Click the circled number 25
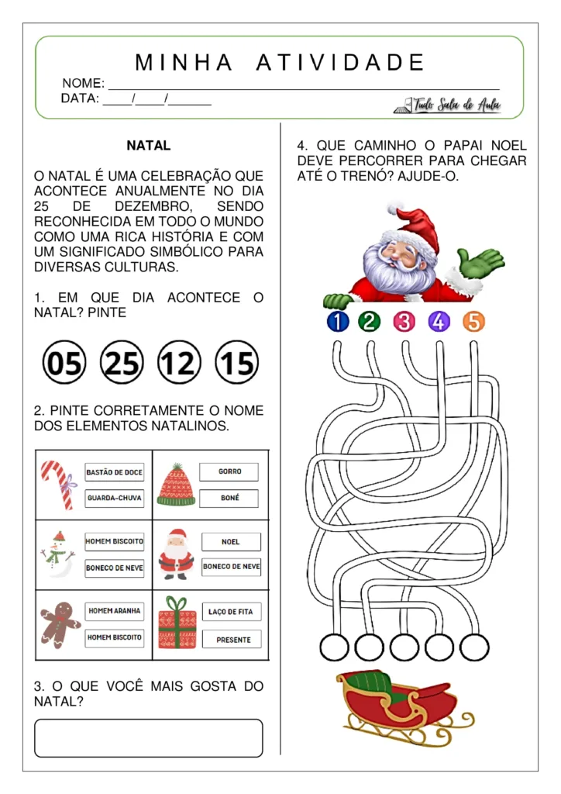pyautogui.click(x=122, y=362)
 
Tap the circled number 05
pyautogui.click(x=64, y=362)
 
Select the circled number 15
pyautogui.click(x=236, y=362)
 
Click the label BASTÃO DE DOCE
pyautogui.click(x=114, y=472)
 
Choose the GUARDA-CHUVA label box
pyautogui.click(x=114, y=498)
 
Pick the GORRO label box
pyautogui.click(x=229, y=471)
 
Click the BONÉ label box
pyautogui.click(x=229, y=498)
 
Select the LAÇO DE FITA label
pyautogui.click(x=231, y=612)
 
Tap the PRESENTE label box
pyautogui.click(x=231, y=640)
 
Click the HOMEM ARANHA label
pyautogui.click(x=114, y=611)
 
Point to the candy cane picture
pyautogui.click(x=57, y=484)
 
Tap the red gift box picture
pyautogui.click(x=177, y=623)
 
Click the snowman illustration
pyautogui.click(x=58, y=554)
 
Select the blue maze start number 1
pyautogui.click(x=338, y=321)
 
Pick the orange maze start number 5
pyautogui.click(x=473, y=321)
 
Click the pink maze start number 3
pyautogui.click(x=404, y=321)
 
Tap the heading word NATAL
pyautogui.click(x=149, y=146)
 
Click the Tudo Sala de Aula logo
pyautogui.click(x=449, y=105)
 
